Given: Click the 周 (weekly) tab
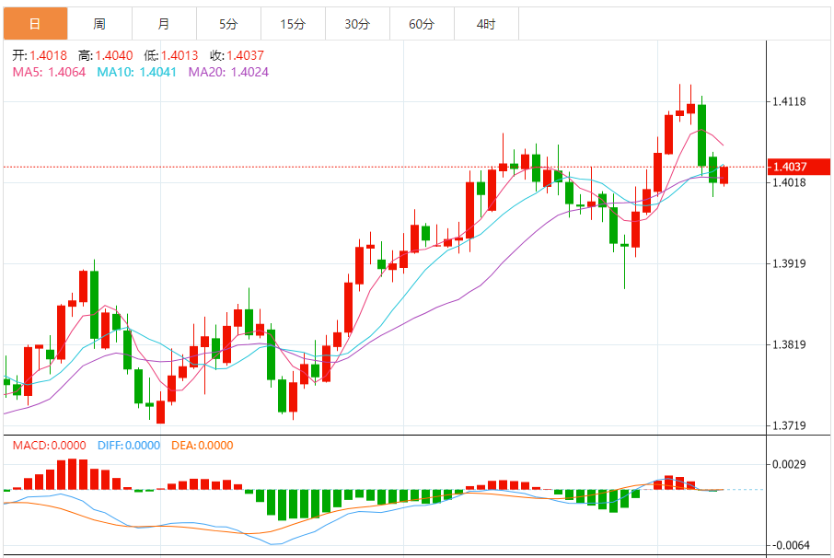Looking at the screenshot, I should pos(99,24).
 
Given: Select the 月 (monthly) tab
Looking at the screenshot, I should pos(164,24).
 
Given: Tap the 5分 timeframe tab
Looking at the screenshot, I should pos(228,24).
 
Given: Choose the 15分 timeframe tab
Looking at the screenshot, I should pos(293,24).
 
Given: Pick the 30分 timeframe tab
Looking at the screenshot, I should pos(357,24).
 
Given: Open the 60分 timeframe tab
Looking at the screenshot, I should pos(422,24).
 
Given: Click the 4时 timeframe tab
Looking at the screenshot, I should pos(486,24).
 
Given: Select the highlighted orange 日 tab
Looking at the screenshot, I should pos(35,24).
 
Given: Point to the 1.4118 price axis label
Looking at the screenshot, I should pos(791,101).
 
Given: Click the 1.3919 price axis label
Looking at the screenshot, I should pos(791,264).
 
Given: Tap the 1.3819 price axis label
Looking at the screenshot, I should pos(791,345).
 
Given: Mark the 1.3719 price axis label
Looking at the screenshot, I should pos(791,426).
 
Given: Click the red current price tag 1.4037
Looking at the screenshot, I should pos(791,167).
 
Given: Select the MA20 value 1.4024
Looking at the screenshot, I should pos(249,72).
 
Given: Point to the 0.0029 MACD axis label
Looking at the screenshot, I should pos(791,465).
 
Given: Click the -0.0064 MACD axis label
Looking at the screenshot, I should pos(789,545).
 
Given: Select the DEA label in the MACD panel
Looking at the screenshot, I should pos(183,446).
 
